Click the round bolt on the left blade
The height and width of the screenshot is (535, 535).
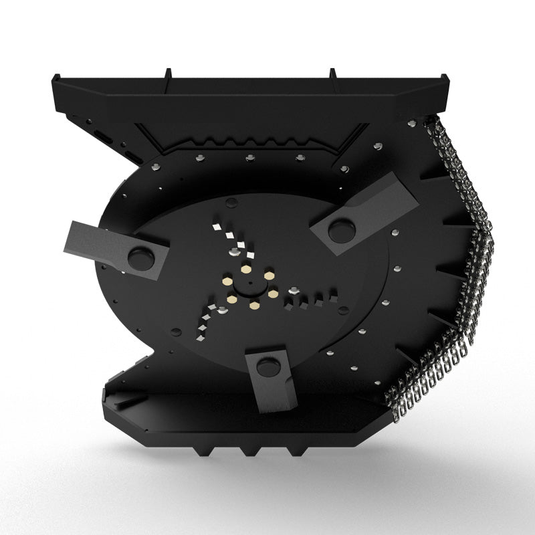pyautogui.click(x=140, y=255)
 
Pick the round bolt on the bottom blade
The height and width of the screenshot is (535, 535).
pyautogui.click(x=267, y=366)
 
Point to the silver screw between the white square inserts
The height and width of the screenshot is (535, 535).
pyautogui.click(x=233, y=251)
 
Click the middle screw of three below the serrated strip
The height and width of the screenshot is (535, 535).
pyautogui.click(x=249, y=158)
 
